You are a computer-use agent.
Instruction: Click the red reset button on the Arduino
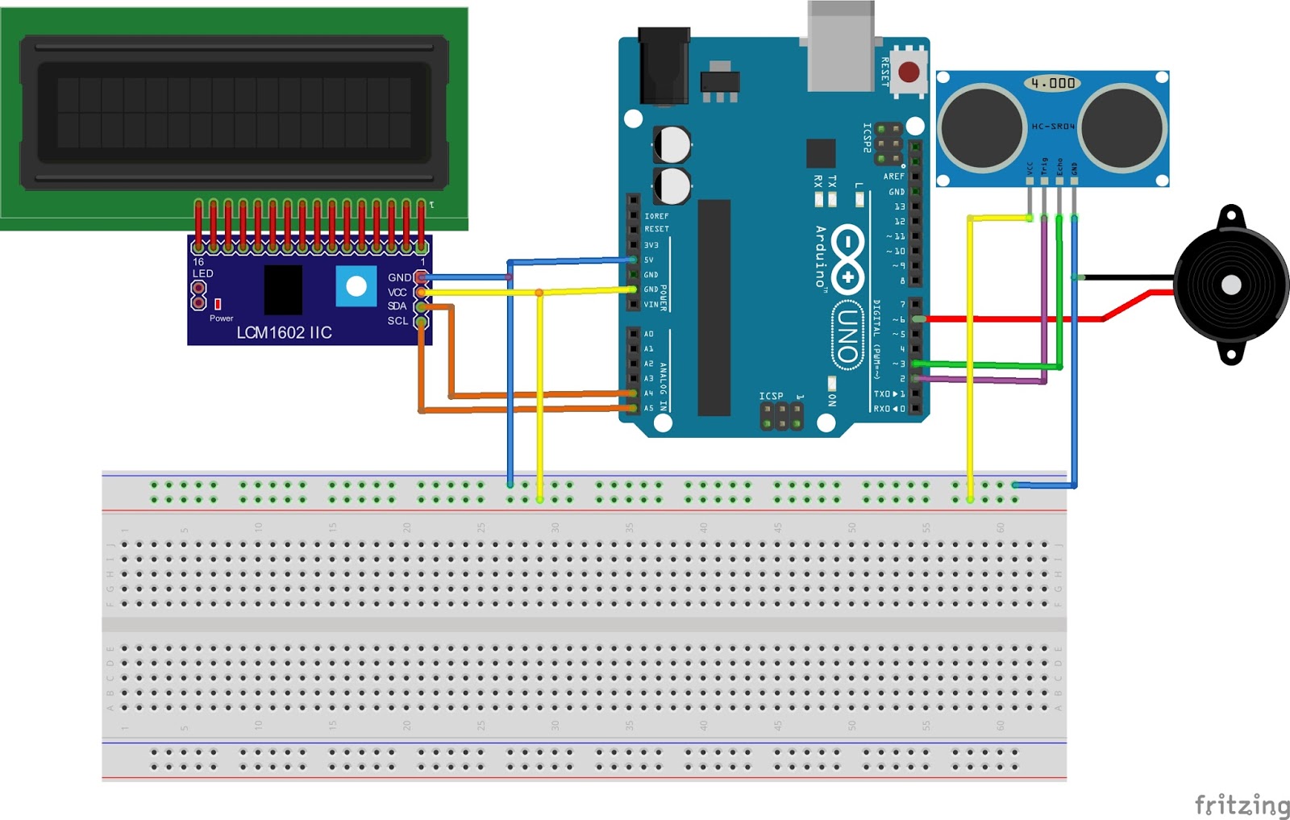[x=909, y=73]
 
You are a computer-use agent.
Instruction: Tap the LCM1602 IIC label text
[x=284, y=332]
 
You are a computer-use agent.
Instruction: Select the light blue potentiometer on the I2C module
[x=356, y=286]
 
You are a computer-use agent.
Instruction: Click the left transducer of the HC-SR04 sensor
[x=982, y=127]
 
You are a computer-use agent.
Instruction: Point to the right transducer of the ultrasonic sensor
[x=1122, y=127]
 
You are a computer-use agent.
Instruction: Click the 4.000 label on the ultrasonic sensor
[x=1053, y=83]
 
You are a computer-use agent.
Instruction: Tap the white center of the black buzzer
[x=1230, y=285]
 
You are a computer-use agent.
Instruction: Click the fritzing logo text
[x=1242, y=804]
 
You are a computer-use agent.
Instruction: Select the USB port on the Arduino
[x=840, y=47]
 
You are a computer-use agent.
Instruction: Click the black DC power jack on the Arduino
[x=664, y=66]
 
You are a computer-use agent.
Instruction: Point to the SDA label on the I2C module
[x=397, y=306]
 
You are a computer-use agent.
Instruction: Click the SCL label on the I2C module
[x=397, y=321]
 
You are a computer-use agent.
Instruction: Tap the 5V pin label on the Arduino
[x=649, y=260]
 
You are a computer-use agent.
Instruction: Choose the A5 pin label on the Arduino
[x=649, y=409]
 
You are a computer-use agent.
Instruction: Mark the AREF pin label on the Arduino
[x=893, y=177]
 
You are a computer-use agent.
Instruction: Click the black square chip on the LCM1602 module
[x=283, y=289]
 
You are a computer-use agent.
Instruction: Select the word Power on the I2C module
[x=221, y=318]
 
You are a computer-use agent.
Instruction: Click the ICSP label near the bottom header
[x=771, y=396]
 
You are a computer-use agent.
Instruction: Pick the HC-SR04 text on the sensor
[x=1053, y=127]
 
